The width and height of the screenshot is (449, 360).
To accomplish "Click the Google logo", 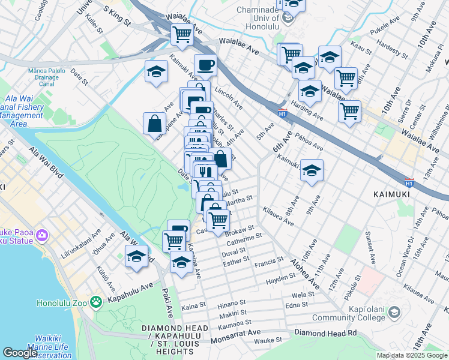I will [x=20, y=353].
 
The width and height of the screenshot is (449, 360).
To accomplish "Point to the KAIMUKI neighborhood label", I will [x=391, y=194].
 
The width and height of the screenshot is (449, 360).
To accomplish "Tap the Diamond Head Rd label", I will [x=326, y=332].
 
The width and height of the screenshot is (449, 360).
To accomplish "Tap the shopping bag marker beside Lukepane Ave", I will [x=155, y=123].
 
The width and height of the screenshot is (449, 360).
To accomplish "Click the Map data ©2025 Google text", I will [x=411, y=355].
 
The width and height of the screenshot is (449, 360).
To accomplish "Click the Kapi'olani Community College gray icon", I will [x=394, y=313].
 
